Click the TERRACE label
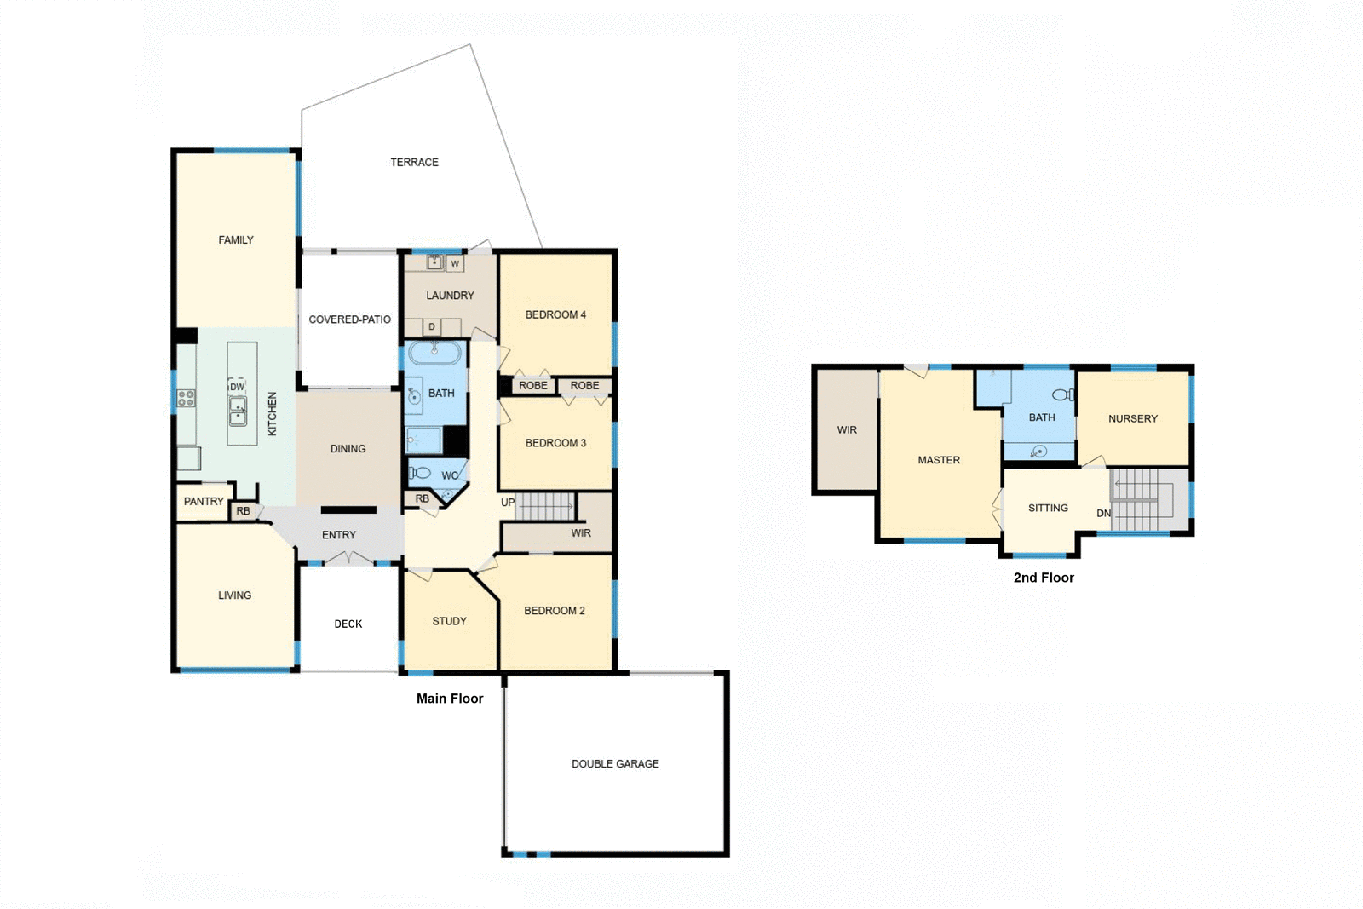(414, 162)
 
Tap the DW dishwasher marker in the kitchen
(237, 387)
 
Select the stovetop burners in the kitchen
(186, 398)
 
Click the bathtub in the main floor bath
(434, 352)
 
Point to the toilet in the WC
(420, 472)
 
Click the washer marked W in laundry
(455, 264)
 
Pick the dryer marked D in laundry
(432, 327)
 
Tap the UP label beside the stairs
(508, 503)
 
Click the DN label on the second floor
(1103, 513)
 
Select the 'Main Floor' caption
(449, 699)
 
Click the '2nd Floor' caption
(1043, 578)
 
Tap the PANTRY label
(204, 501)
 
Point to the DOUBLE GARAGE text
(615, 764)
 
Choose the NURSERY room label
(1132, 418)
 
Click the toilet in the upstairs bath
(1062, 394)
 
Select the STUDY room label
(449, 621)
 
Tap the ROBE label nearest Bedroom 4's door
(533, 386)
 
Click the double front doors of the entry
(349, 559)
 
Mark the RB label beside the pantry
(244, 511)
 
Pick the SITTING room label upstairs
(1047, 508)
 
